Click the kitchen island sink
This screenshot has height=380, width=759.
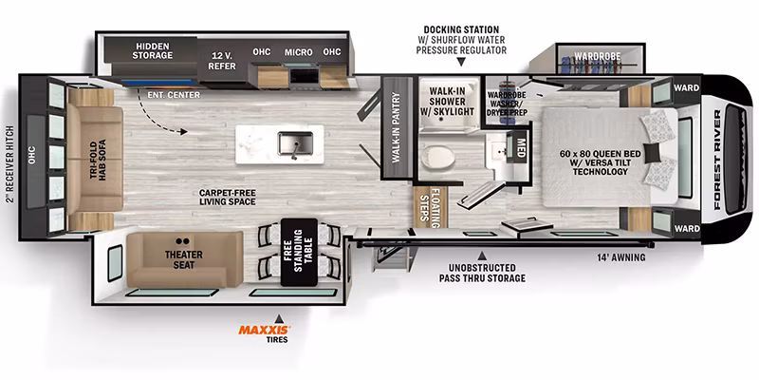[294, 144]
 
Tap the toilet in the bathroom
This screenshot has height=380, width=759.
[438, 157]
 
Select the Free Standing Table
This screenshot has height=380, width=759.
[299, 252]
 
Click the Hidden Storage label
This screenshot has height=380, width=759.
[153, 50]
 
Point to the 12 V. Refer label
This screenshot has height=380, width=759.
[222, 61]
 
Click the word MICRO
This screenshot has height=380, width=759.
[299, 52]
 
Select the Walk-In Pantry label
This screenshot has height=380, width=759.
[397, 127]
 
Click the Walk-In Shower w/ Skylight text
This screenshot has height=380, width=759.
[447, 102]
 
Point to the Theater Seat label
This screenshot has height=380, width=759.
[183, 259]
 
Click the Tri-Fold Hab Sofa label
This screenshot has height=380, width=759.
[98, 160]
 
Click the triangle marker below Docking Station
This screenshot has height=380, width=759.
[461, 62]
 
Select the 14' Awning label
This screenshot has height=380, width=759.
[621, 257]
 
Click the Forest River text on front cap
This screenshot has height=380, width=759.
[717, 160]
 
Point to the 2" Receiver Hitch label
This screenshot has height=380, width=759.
[10, 164]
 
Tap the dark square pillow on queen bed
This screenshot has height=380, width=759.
[653, 153]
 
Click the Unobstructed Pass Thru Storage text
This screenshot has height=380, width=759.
[482, 273]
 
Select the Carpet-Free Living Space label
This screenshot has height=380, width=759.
[227, 198]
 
